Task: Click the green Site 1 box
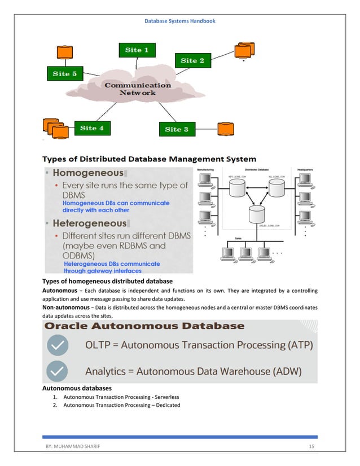[x=137, y=50]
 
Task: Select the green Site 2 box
[x=192, y=60]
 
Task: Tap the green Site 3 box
[x=177, y=129]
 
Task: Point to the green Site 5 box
[x=64, y=73]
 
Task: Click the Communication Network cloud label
[x=137, y=89]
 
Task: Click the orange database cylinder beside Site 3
[x=226, y=129]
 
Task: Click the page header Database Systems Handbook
[x=180, y=21]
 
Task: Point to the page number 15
[x=311, y=447]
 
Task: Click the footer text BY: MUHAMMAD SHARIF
[x=70, y=447]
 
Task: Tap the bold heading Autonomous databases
[x=77, y=388]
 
